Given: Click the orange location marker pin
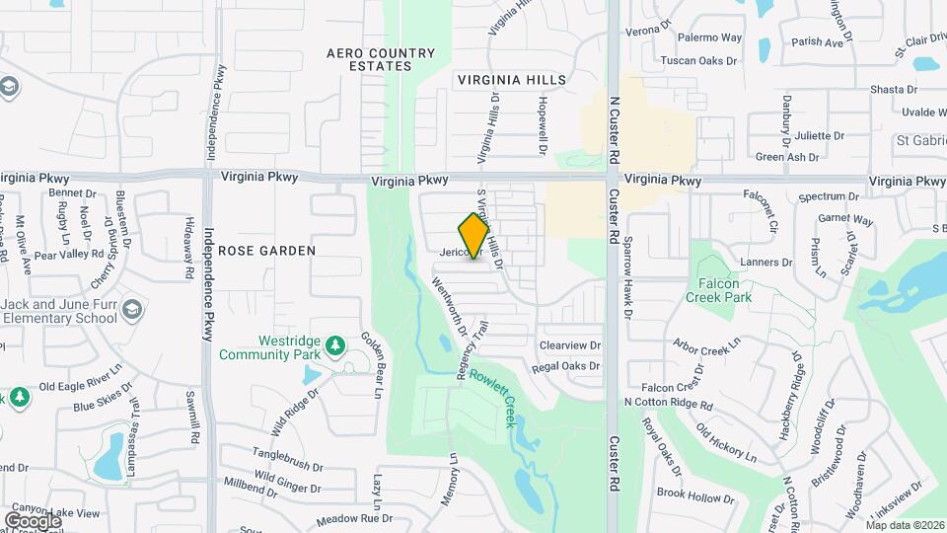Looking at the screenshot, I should coord(474,235).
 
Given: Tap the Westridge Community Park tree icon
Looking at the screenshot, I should coord(335,345).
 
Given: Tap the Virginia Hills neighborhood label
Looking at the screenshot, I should coord(512,79).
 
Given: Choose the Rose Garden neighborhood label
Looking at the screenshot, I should coord(266,251).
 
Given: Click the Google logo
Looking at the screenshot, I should coord(33,520).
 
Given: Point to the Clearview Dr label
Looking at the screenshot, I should coord(569,345).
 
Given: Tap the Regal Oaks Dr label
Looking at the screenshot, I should coord(565,366).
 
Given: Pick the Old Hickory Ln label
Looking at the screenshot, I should coord(725,443).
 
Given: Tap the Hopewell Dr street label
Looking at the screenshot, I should coord(542,124).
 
